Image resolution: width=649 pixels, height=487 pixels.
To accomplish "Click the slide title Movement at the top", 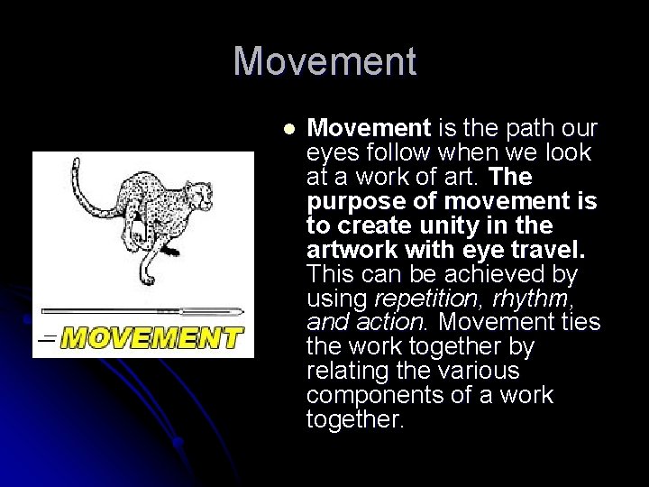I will click(x=324, y=61).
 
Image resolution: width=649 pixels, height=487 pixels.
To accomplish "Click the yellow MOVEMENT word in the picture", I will click(x=152, y=338).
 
